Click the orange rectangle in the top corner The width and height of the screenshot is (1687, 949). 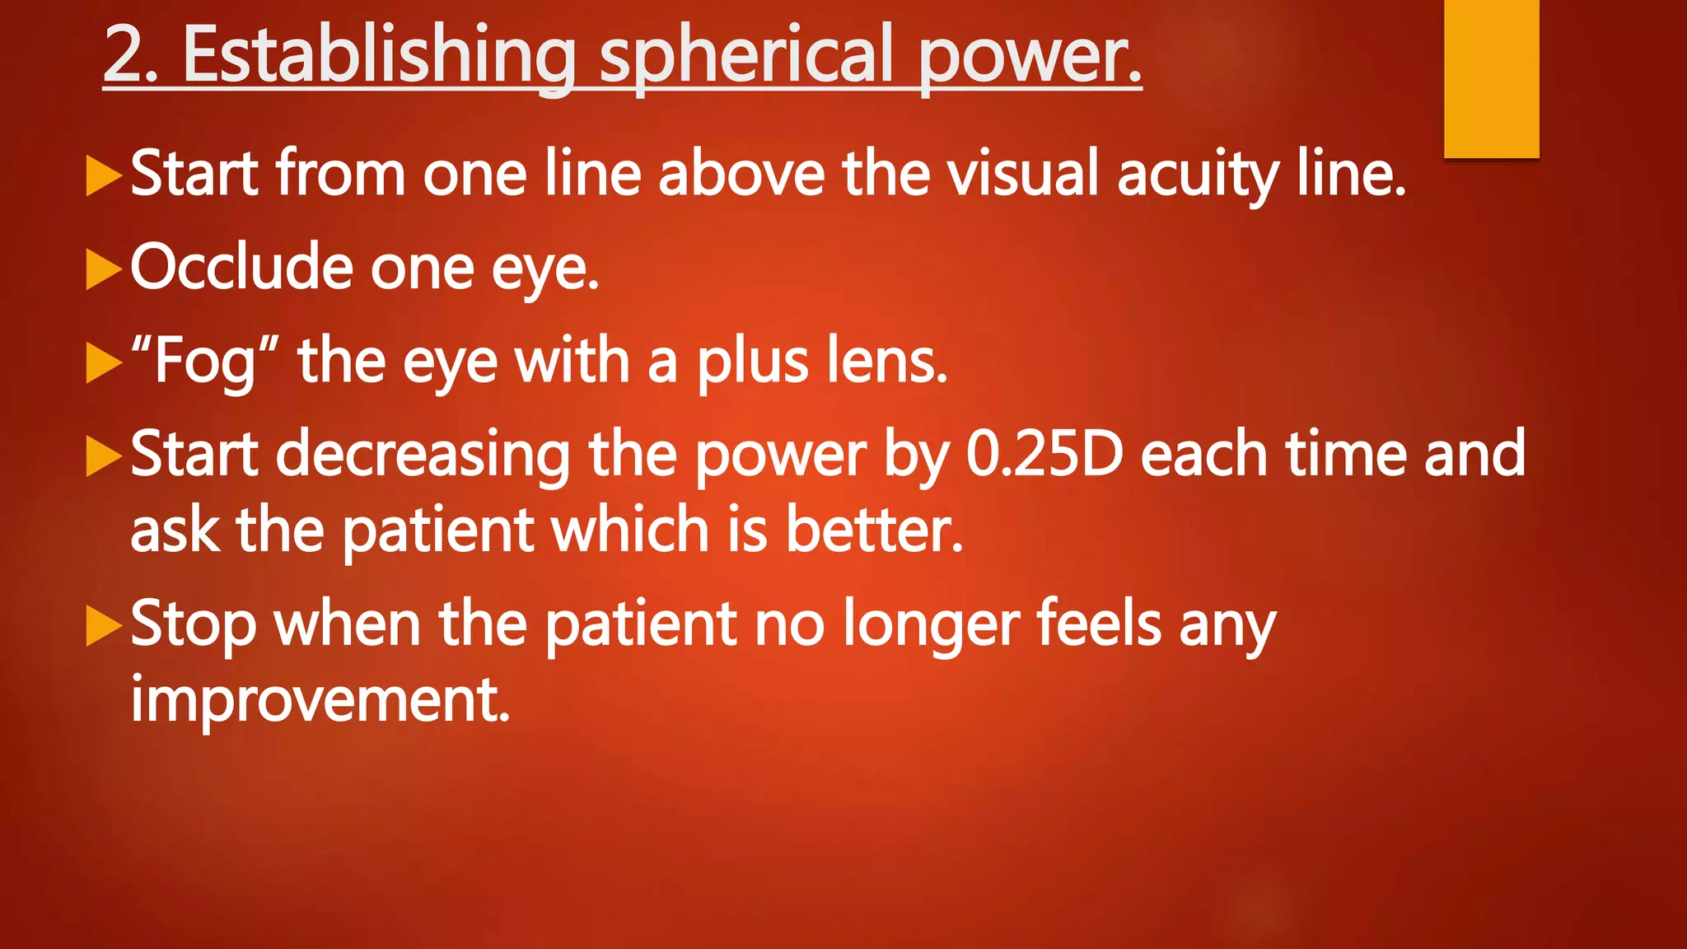pos(1491,78)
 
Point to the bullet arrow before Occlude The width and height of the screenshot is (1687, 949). pos(104,269)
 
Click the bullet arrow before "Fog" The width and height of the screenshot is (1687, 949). pos(104,363)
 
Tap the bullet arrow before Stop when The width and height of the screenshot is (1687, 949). pos(104,626)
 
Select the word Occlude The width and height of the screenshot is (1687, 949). pos(241,268)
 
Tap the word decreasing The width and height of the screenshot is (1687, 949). pos(423,456)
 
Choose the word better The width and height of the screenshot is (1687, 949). pos(873,530)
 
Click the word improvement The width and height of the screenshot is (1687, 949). pos(320,699)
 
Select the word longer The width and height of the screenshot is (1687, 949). pos(931,626)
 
